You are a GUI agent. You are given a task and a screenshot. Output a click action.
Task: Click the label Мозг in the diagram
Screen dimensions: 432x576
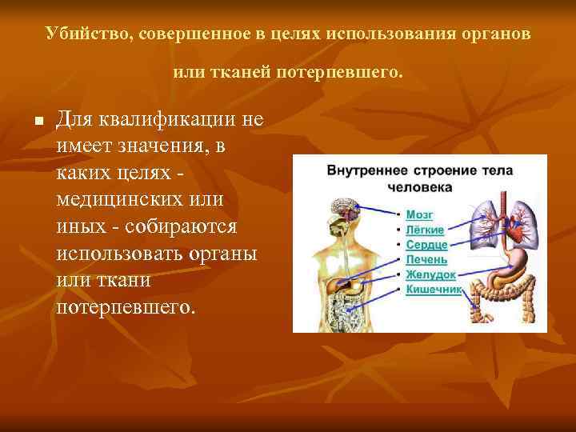coord(419,214)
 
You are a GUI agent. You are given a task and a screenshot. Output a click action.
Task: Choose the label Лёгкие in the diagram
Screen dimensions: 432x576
coord(425,229)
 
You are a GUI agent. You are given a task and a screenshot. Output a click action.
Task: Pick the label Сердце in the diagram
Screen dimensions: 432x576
coord(426,244)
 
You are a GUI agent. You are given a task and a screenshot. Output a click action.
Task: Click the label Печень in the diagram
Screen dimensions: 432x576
coord(426,259)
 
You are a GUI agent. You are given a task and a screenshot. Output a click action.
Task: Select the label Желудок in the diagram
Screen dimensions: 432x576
coord(430,274)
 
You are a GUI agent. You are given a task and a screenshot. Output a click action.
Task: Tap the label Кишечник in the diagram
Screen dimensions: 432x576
coord(434,289)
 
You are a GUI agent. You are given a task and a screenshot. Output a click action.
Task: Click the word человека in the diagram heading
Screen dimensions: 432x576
coord(419,187)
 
